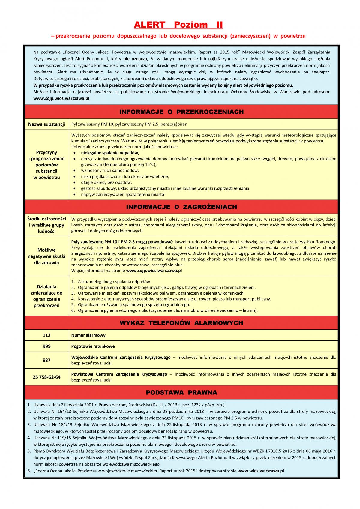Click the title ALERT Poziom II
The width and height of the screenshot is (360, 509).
pos(178,25)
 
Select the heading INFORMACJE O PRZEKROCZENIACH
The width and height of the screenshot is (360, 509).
pos(181,112)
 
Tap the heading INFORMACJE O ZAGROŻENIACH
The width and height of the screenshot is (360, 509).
pos(181,207)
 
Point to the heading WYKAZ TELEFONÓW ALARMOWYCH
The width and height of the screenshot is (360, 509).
pos(181,323)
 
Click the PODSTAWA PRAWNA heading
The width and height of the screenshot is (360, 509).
pos(181,393)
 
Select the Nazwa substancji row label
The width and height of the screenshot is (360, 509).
pos(46,124)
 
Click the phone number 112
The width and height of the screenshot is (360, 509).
pos(46,335)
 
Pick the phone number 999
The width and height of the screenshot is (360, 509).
pos(46,346)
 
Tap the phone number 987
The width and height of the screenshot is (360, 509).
pos(46,360)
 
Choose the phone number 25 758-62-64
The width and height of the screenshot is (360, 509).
pos(46,377)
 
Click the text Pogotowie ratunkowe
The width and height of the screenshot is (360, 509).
pos(93,346)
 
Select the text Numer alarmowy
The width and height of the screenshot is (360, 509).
pos(88,335)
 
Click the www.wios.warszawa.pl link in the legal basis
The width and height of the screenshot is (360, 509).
pos(260,471)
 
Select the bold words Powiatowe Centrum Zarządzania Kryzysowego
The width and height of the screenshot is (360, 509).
pos(119,374)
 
